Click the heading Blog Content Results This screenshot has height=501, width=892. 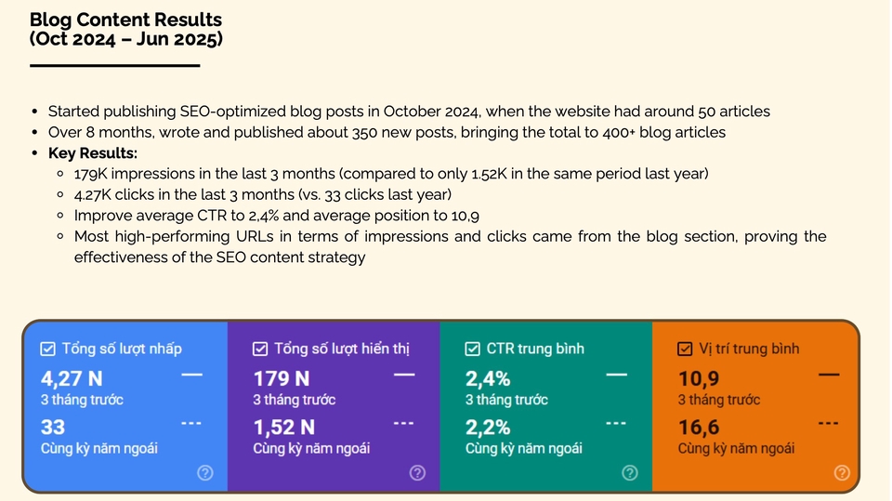tap(125, 20)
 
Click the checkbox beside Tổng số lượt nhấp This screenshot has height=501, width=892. tap(47, 349)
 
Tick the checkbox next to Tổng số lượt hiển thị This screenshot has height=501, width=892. tap(260, 349)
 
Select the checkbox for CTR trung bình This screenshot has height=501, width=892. tap(472, 349)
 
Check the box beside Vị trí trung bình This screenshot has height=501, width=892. tap(685, 349)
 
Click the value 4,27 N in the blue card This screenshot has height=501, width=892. tap(72, 378)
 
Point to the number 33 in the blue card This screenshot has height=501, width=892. tap(53, 427)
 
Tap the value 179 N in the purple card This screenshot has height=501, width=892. tap(281, 378)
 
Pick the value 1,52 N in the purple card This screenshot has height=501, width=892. tap(284, 427)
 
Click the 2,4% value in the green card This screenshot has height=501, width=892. tap(488, 378)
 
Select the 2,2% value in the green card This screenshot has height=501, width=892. tap(488, 427)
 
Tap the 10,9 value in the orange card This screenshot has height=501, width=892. tap(699, 378)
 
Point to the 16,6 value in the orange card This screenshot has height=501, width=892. tap(699, 427)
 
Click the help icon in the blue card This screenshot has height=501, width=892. tap(205, 472)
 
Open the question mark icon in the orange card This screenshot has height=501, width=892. tap(842, 472)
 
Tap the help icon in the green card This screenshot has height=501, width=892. tap(630, 472)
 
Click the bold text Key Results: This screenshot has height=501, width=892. tap(93, 153)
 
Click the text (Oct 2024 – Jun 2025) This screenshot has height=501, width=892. tap(126, 39)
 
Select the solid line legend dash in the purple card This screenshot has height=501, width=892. tap(404, 375)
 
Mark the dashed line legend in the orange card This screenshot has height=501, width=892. tap(828, 423)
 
